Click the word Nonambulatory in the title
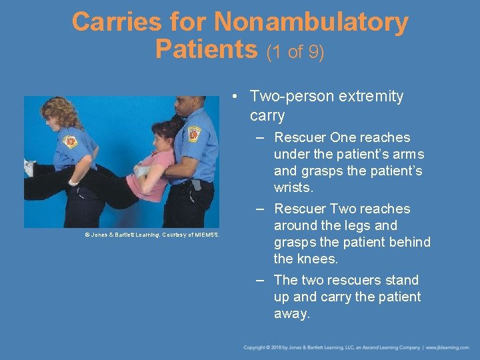[311, 23]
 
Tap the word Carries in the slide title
[116, 23]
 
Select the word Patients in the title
[205, 49]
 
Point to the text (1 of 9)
[295, 51]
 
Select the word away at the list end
[291, 313]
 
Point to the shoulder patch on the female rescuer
[70, 142]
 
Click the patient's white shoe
[29, 168]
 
